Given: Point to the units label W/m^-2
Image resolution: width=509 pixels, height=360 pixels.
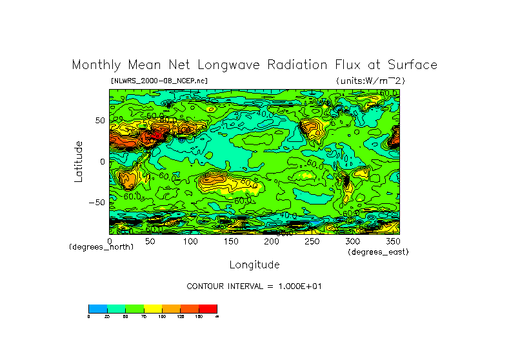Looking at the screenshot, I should click(x=370, y=81).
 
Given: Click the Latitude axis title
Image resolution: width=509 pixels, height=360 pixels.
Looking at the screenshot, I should click(x=79, y=161).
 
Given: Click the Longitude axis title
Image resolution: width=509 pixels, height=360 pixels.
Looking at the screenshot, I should click(x=254, y=265).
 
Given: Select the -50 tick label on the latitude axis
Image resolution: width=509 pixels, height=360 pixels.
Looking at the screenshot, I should click(x=96, y=202).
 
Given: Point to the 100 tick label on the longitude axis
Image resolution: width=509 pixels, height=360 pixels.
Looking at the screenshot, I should click(x=190, y=241).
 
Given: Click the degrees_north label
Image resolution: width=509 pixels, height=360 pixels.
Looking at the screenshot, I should click(x=101, y=247).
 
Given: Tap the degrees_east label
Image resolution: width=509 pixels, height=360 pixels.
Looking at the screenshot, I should click(x=378, y=252).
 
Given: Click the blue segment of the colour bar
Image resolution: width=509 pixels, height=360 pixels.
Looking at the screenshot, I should click(x=97, y=308).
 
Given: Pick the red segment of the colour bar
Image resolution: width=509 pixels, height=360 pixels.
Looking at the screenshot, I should click(x=208, y=308).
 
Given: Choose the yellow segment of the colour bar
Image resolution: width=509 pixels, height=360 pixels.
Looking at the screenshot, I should click(x=153, y=308).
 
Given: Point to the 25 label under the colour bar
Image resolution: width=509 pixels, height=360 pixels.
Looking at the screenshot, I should click(x=107, y=317).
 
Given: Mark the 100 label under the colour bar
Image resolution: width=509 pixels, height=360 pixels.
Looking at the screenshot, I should click(x=162, y=317).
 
